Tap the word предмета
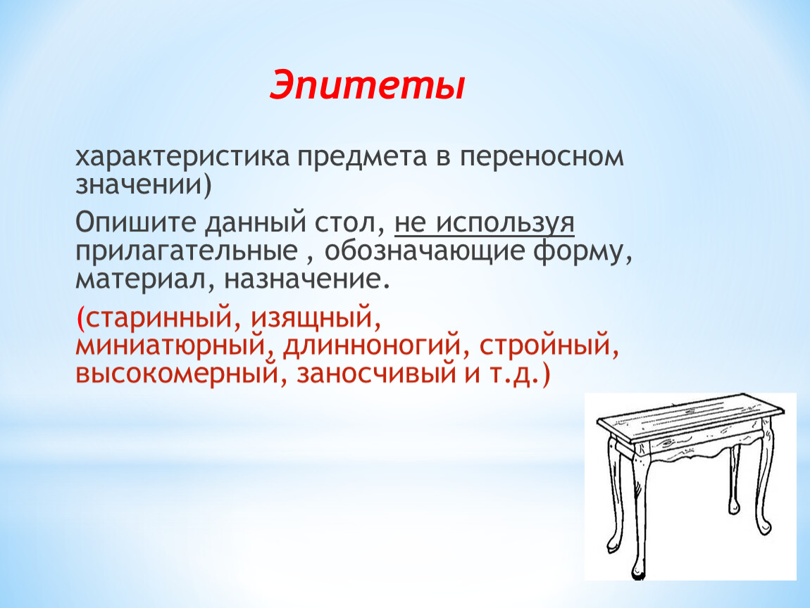(x=361, y=158)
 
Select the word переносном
(x=542, y=158)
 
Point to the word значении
(x=139, y=185)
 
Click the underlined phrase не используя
(x=485, y=224)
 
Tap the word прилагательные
(x=187, y=251)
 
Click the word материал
(x=142, y=280)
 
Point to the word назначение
(x=301, y=280)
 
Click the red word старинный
(x=158, y=317)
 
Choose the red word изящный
(x=312, y=317)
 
